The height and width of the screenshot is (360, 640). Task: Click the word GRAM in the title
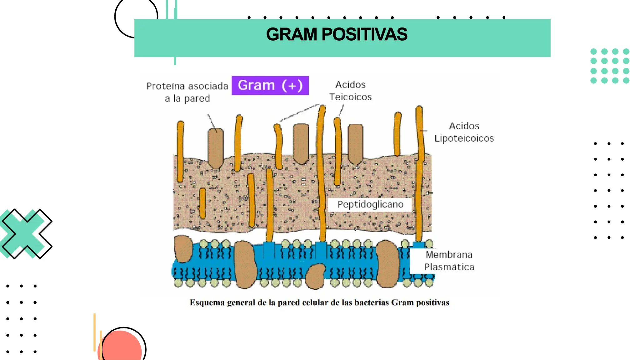291,34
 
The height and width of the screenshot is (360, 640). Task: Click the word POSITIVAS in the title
364,34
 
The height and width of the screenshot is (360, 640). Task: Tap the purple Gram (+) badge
270,85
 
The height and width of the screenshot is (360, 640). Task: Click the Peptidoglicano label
370,204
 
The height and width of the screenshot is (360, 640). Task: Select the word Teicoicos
350,97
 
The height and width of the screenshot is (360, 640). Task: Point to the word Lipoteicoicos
464,138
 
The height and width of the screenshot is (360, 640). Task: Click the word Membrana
449,255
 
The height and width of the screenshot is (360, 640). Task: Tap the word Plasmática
449,267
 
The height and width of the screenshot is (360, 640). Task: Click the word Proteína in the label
166,86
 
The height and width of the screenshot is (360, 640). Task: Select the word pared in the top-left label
197,99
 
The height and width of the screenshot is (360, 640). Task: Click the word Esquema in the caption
207,303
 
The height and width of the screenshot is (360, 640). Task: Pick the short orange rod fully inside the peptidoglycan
202,203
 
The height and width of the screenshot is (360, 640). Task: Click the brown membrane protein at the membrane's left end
183,248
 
